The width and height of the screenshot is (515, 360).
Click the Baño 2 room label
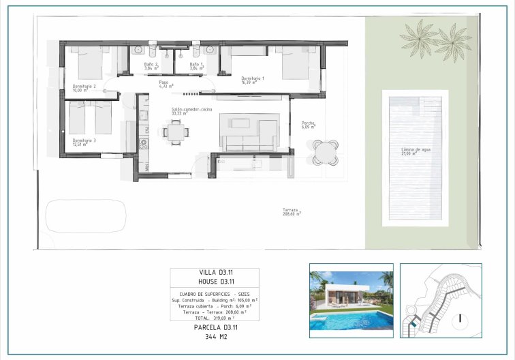151,66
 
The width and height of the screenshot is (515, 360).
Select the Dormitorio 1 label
253,80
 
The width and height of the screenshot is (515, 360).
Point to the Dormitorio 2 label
84,88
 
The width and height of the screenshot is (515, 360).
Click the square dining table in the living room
176,131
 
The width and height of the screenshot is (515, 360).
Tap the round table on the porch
325,151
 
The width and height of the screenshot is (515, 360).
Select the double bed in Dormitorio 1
292,64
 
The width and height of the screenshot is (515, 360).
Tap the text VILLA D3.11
215,272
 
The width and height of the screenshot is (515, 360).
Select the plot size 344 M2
215,337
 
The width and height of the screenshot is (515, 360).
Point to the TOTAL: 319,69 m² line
215,317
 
